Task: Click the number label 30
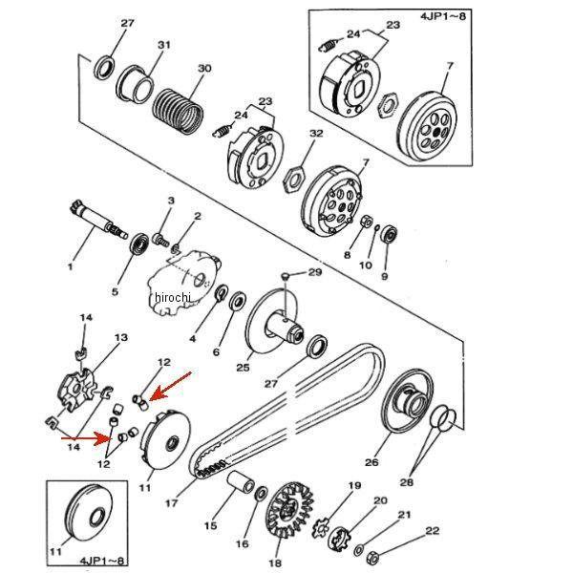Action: [x=203, y=69]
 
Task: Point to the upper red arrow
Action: [x=172, y=387]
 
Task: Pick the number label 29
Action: [x=314, y=273]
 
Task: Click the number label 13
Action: [x=121, y=338]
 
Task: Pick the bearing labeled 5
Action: [x=139, y=244]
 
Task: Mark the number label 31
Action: [x=164, y=45]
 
